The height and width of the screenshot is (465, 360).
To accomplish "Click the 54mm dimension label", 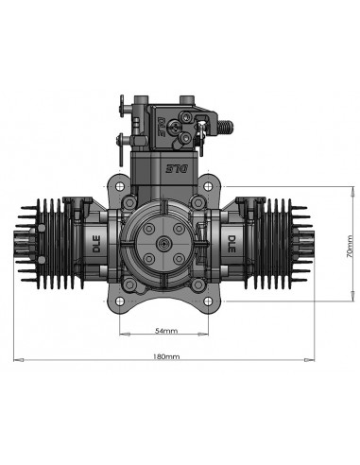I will click(166, 332).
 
